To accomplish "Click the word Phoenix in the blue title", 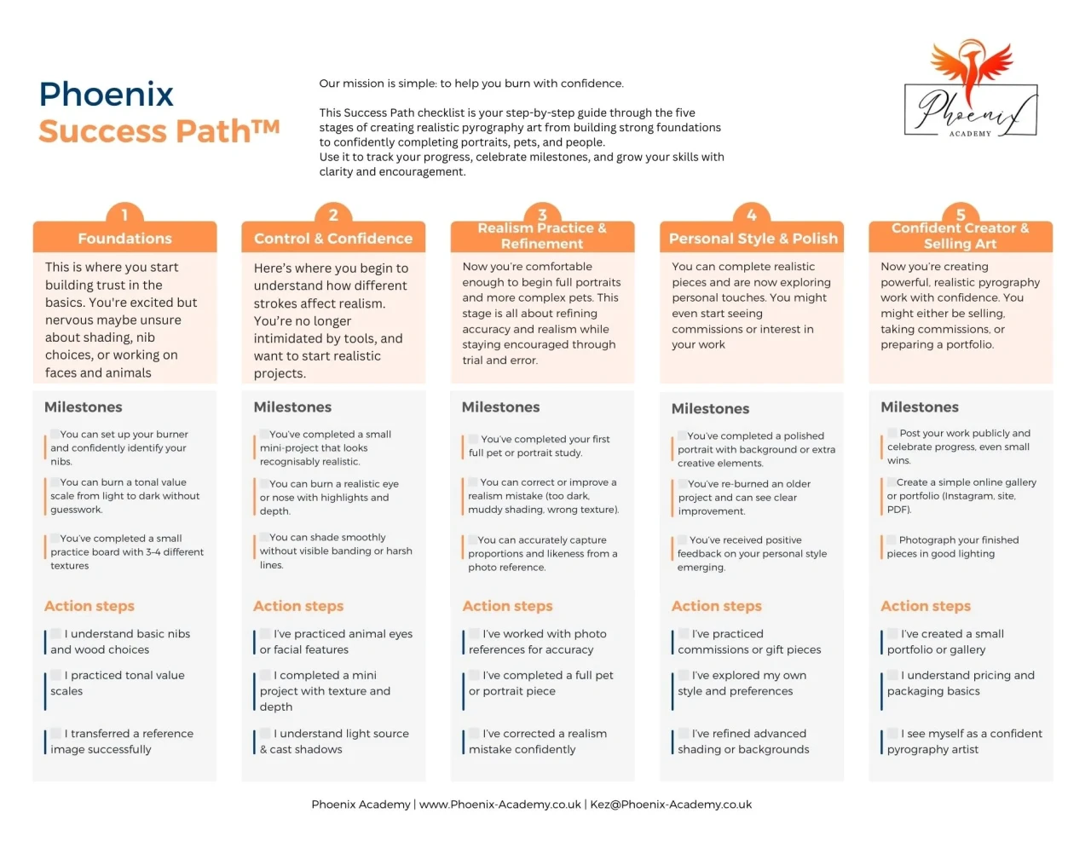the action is [106, 94].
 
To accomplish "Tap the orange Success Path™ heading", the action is [159, 131].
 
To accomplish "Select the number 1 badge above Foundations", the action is [124, 215].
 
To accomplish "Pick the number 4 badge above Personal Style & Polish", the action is [752, 215].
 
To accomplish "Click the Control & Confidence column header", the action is [333, 238].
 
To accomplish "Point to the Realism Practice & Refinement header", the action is [542, 236].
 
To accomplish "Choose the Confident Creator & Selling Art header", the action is [961, 236].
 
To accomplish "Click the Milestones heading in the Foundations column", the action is [84, 407].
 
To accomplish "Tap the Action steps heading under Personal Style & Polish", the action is [717, 606].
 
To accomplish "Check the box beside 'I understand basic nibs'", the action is [56, 633].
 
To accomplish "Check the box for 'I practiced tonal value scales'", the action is [56, 675].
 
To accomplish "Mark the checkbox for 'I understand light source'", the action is [266, 733].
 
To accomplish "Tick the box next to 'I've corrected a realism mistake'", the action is [474, 733].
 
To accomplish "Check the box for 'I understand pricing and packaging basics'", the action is [892, 675].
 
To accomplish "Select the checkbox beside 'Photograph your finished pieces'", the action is [892, 539].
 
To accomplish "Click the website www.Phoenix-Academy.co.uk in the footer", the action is [500, 805].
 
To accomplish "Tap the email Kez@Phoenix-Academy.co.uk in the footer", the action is [671, 805].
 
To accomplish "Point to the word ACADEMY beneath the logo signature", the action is [970, 134].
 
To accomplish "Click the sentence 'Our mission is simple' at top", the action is [471, 84].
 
